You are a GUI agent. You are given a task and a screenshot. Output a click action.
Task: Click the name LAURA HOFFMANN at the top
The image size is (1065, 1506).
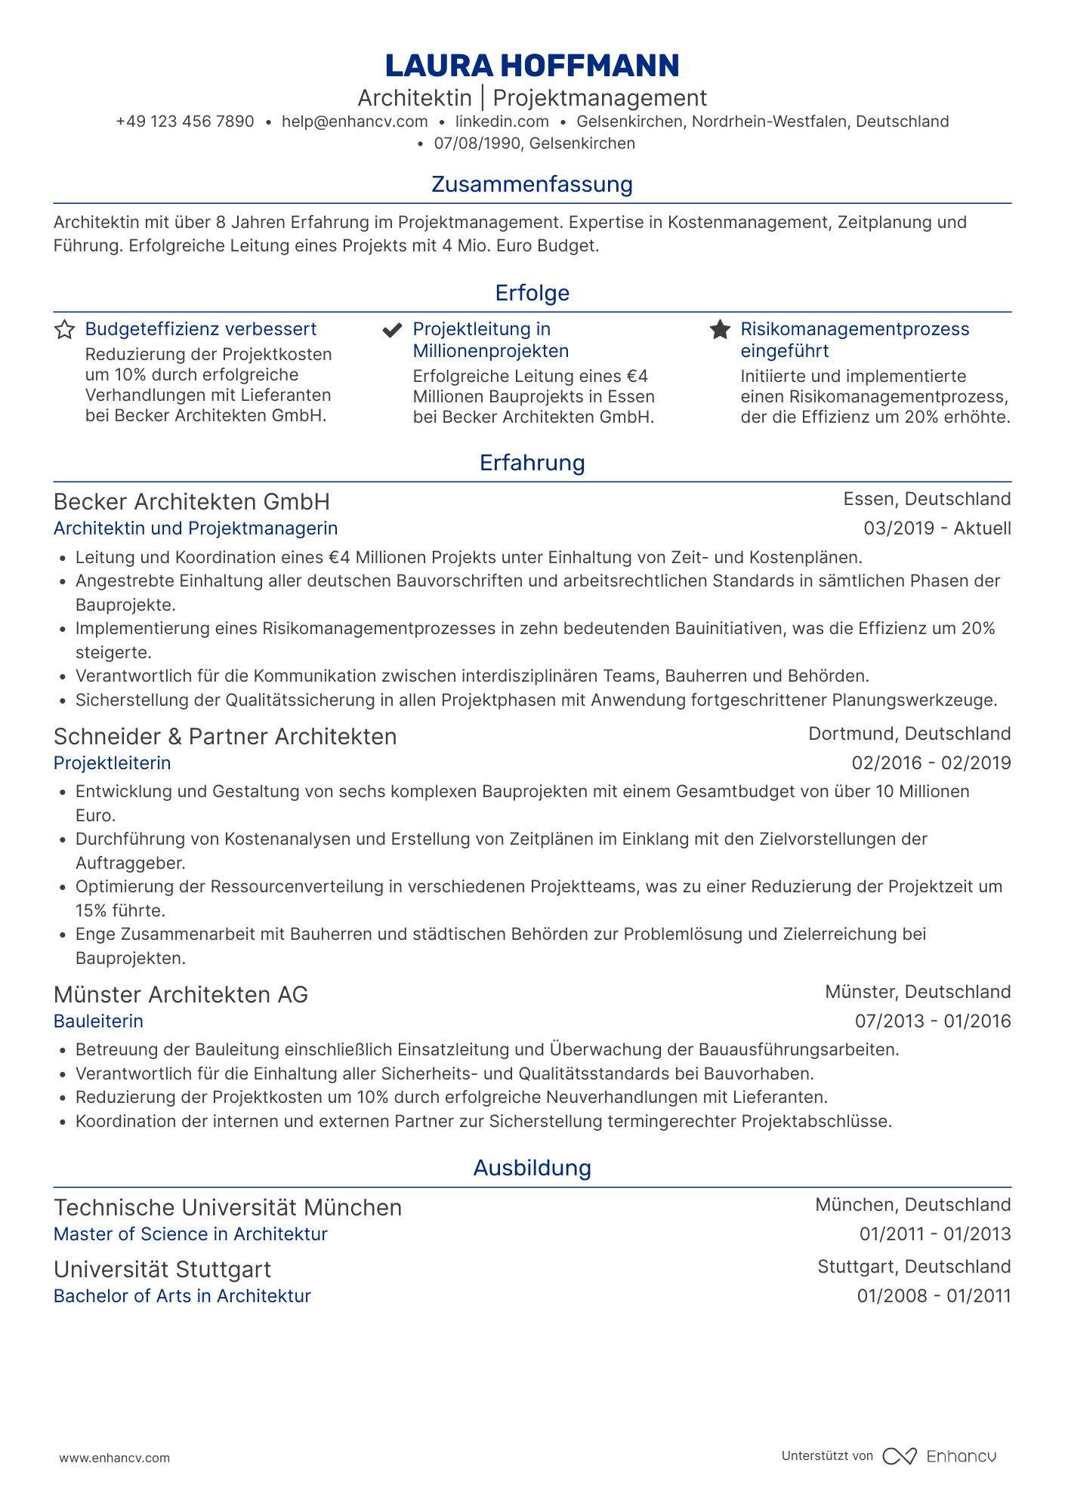click(x=532, y=66)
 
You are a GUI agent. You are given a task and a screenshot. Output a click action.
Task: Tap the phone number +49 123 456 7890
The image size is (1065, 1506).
click(x=185, y=122)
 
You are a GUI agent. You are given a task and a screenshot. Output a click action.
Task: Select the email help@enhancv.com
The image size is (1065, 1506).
click(x=354, y=122)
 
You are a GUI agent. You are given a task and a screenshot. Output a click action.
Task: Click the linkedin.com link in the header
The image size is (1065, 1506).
click(x=502, y=122)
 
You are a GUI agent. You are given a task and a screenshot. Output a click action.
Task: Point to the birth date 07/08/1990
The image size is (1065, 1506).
click(x=477, y=143)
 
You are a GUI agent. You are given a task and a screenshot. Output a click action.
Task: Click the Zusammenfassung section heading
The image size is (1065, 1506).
click(x=532, y=184)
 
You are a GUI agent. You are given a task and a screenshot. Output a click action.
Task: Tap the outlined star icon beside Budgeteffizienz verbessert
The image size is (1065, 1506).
click(x=65, y=330)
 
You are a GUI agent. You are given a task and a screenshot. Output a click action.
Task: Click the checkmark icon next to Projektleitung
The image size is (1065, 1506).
click(x=392, y=330)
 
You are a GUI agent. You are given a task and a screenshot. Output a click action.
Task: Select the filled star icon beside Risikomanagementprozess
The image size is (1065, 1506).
click(x=720, y=330)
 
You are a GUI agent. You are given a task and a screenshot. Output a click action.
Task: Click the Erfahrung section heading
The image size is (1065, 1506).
click(x=532, y=463)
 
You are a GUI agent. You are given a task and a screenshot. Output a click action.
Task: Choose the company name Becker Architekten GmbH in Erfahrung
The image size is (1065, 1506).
click(x=192, y=502)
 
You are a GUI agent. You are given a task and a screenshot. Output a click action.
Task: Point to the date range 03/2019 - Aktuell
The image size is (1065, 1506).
click(x=937, y=528)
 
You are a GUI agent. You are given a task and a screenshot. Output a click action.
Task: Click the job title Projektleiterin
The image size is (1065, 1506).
click(x=113, y=763)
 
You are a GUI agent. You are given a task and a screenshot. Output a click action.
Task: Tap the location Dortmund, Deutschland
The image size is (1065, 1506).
click(x=909, y=734)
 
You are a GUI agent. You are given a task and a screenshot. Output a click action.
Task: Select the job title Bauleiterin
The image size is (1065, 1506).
click(x=98, y=1021)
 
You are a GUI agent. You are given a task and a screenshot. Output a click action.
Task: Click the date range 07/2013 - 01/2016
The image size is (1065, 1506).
click(x=933, y=1021)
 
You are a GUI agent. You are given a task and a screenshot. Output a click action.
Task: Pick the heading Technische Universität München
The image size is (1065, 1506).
click(x=227, y=1208)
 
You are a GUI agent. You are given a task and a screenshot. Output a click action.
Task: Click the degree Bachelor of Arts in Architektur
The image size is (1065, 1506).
click(x=182, y=1296)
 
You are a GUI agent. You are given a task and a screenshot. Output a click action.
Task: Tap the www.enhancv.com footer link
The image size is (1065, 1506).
click(x=115, y=1458)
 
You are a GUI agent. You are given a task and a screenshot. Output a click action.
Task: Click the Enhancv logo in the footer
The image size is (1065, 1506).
click(x=940, y=1456)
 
